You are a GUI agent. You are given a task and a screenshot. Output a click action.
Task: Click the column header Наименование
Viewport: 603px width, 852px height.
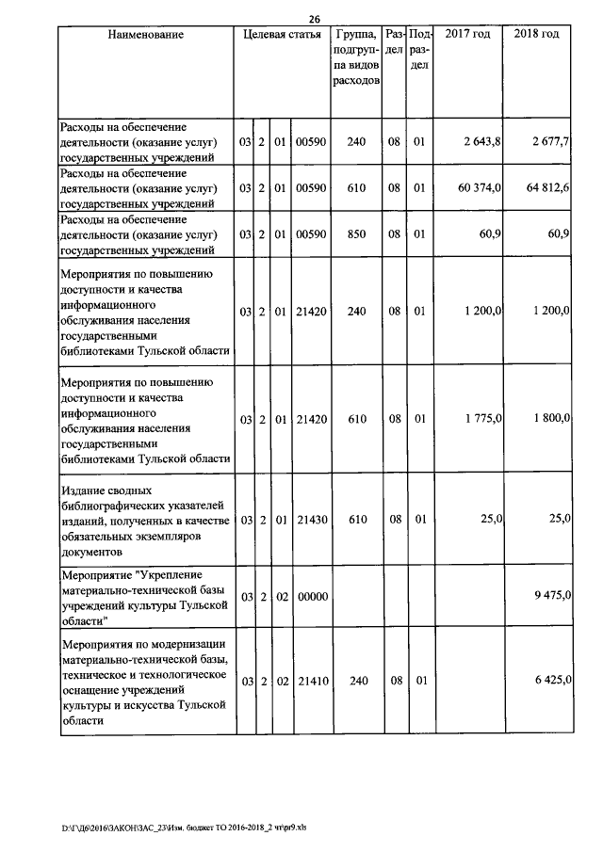point(145,35)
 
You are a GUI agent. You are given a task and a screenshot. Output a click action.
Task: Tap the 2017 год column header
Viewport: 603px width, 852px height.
point(467,35)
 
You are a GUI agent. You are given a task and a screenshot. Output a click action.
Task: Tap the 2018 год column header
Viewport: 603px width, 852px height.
point(536,35)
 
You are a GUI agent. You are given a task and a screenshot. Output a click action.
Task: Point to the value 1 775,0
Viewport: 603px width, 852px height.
point(481,418)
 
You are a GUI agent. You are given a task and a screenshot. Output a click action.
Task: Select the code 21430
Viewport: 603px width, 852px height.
point(310,519)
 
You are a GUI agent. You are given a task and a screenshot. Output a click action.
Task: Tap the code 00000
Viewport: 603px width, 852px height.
point(310,596)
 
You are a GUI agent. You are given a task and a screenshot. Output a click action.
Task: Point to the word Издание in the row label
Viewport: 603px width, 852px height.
point(83,490)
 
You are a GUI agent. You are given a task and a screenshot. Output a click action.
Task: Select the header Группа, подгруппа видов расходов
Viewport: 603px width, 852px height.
point(356,58)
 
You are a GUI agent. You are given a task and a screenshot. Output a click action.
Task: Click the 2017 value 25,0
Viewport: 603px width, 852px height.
point(493,519)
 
